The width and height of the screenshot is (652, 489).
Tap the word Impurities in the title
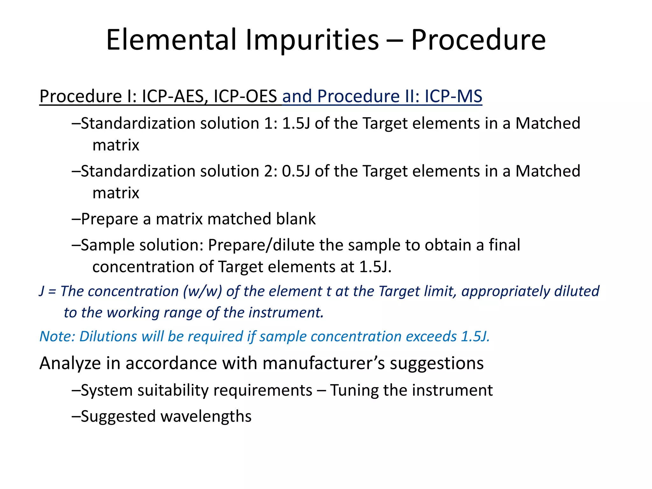312,40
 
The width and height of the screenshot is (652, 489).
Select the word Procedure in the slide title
478,40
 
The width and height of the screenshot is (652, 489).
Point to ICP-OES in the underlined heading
245,96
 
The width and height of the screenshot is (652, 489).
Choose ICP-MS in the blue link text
453,96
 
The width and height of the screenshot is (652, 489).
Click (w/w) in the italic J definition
202,291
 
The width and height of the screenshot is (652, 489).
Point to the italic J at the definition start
42,291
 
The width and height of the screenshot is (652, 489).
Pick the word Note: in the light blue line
57,336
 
